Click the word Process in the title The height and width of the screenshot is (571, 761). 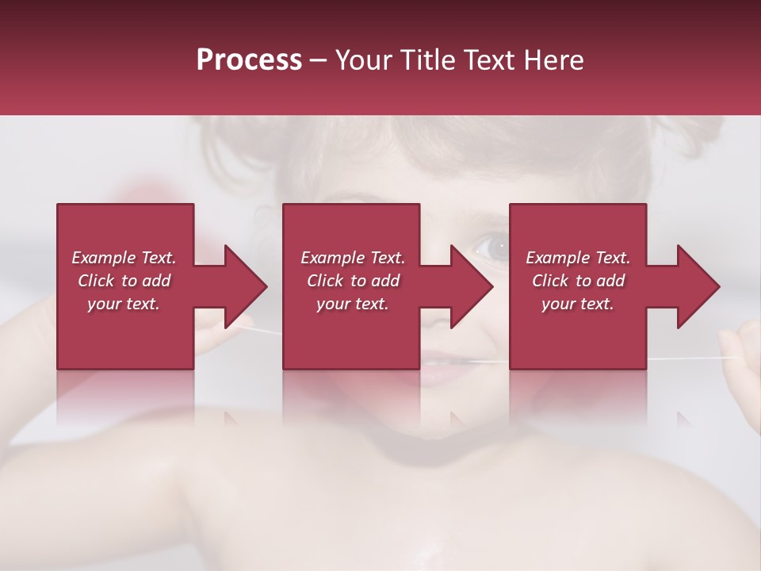(249, 60)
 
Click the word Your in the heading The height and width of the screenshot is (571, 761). (365, 60)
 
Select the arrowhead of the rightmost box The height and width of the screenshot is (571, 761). (693, 286)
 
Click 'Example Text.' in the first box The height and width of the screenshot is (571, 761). (124, 258)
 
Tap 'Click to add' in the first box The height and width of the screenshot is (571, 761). (124, 281)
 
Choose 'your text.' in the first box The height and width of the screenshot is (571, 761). (124, 304)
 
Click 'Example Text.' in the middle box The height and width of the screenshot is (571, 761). (353, 258)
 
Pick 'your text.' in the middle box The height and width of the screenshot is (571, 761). (353, 304)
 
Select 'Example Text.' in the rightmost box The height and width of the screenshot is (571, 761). (578, 258)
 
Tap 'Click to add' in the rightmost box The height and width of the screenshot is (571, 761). (578, 281)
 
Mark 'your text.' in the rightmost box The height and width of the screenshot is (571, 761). (578, 304)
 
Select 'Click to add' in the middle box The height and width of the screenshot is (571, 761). (353, 281)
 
